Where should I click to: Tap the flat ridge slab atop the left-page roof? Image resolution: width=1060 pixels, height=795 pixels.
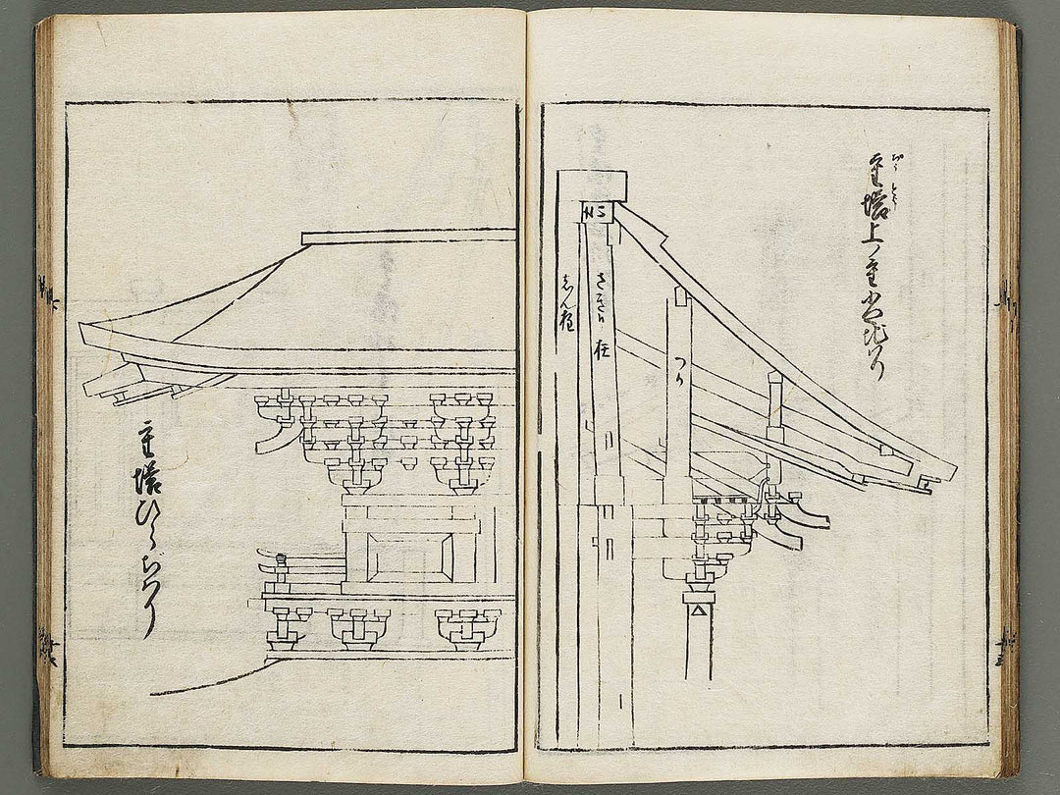(408, 237)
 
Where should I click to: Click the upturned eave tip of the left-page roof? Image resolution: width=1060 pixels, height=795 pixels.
(88, 329)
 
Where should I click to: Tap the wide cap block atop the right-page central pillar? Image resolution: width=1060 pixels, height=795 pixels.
(592, 183)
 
